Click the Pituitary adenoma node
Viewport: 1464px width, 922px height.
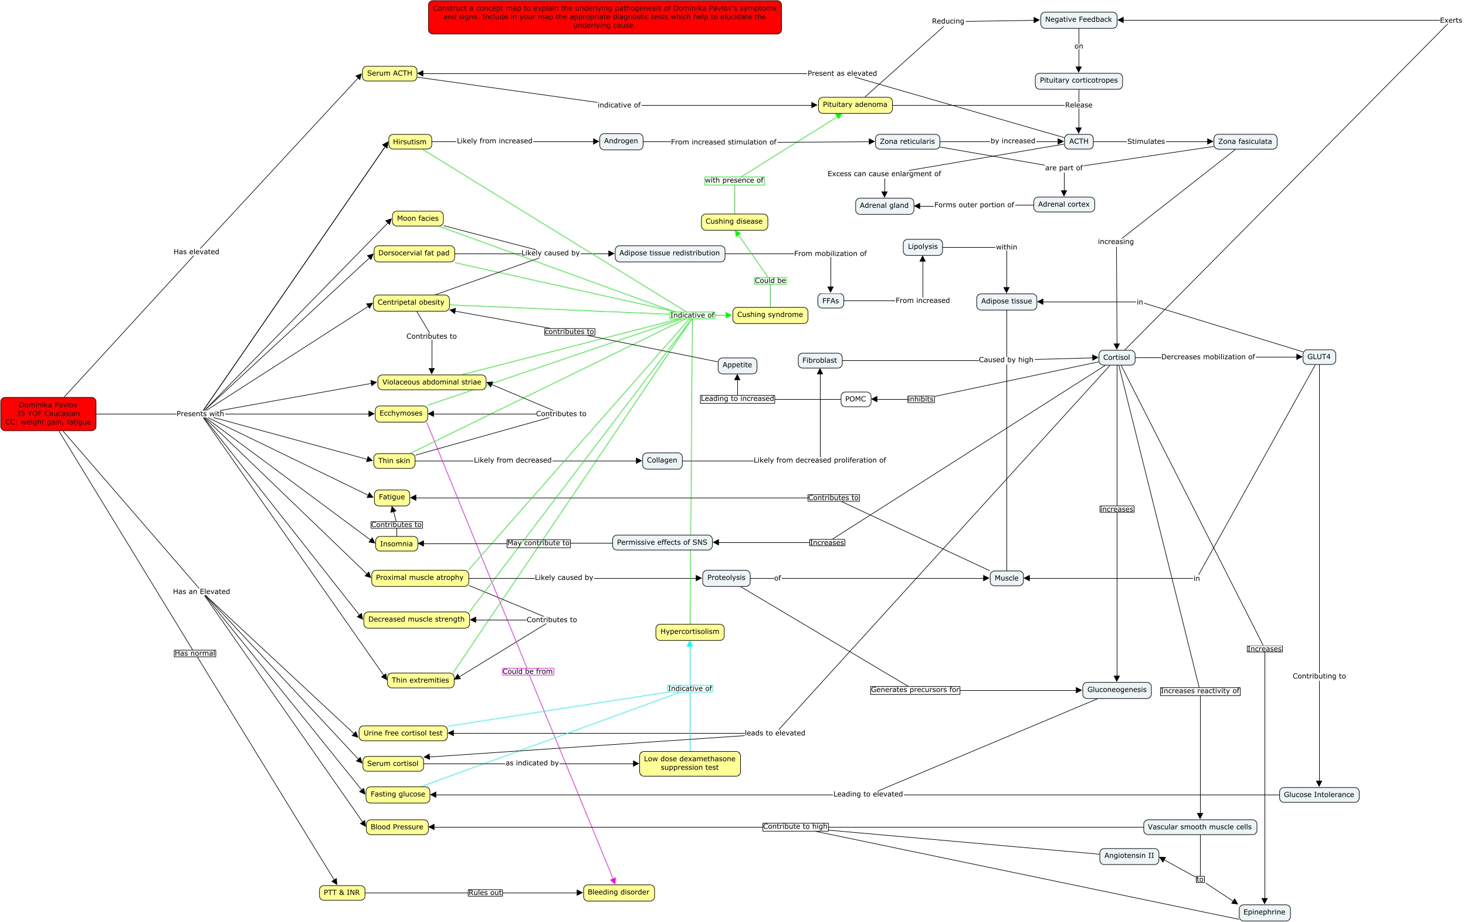coord(855,104)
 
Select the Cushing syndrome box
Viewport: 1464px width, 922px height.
coord(770,315)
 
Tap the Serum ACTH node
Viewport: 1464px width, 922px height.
coord(389,73)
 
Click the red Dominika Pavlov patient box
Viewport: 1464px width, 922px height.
coord(48,414)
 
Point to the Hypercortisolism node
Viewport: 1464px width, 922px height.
coord(689,632)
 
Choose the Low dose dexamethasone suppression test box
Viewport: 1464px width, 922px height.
coord(689,764)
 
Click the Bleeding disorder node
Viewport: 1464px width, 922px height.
coord(618,892)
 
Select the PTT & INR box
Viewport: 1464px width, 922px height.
coord(342,893)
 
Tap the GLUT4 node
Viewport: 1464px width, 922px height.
coord(1319,357)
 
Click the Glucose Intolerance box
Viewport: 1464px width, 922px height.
coord(1319,794)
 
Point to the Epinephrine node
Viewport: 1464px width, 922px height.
coord(1264,912)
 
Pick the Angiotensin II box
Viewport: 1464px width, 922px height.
coord(1129,856)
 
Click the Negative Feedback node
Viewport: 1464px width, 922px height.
coord(1079,20)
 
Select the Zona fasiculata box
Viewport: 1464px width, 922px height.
coord(1245,141)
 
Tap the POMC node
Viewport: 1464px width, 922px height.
coord(855,399)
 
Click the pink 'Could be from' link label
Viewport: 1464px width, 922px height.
coord(528,671)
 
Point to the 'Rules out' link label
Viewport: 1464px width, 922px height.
coord(485,893)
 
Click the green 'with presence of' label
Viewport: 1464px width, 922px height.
coord(734,181)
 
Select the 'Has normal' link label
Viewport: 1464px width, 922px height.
coord(195,653)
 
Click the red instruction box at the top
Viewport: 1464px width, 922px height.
coord(604,17)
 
